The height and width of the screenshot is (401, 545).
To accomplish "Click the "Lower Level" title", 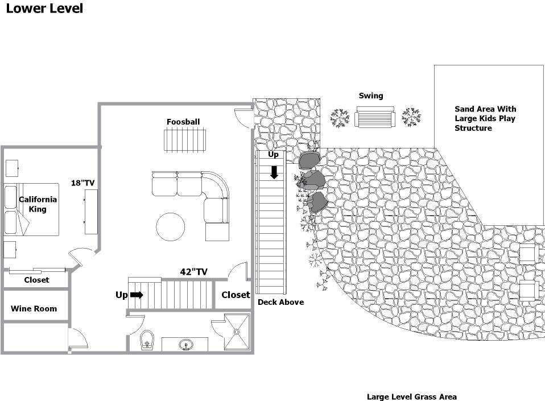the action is point(44,9).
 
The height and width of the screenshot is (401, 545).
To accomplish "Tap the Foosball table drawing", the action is point(184,140).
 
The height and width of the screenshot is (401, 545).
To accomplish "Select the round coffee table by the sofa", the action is point(170,226).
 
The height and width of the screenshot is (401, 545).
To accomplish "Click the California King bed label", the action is point(38,204).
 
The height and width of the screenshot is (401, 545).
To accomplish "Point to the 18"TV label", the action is point(82,183).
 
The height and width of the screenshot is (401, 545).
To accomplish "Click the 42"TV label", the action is point(193,272).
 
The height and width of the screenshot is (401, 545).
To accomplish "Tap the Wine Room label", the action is point(34,308).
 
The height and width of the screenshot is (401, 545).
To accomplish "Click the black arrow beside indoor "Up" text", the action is point(137,295).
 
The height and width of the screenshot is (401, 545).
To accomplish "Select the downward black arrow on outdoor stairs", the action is point(274,172).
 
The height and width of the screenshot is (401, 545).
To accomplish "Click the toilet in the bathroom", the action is point(147,340).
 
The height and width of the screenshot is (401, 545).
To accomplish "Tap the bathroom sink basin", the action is point(186,345).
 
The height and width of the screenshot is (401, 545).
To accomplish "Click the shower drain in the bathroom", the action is point(237,332).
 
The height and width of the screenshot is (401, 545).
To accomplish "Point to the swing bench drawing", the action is point(375,117).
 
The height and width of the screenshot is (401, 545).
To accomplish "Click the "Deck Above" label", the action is point(280,302).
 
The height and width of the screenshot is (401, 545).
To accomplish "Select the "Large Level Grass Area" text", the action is point(412,396).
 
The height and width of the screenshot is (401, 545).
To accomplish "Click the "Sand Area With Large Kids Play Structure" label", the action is point(485,118).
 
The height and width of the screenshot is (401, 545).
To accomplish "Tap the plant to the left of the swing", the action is point(340,118).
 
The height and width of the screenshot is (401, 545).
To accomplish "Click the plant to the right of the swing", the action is point(411,117).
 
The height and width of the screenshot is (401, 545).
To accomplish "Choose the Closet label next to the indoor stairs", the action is point(236,295).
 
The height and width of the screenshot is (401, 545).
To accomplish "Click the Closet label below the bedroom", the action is point(36,280).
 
